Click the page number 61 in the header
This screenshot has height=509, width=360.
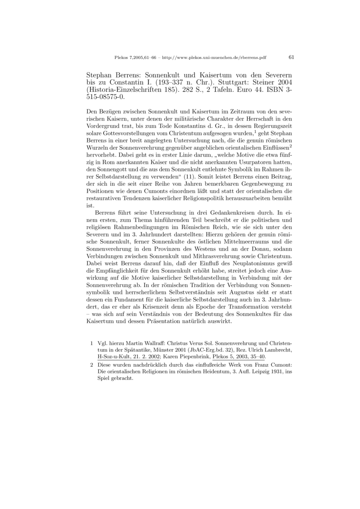291,58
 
